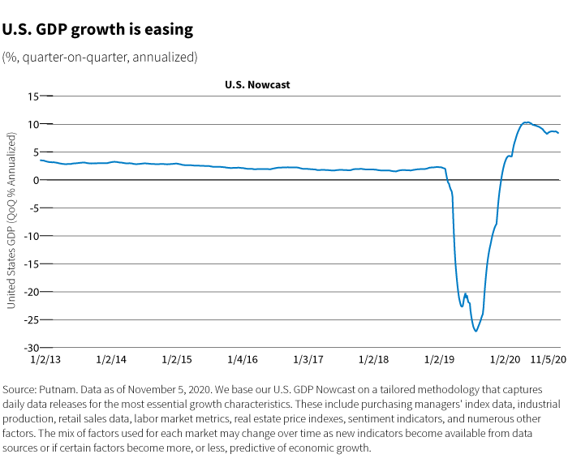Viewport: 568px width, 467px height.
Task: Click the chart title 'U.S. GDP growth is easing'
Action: (97, 30)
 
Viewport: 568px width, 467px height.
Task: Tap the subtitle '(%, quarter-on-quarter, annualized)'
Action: (99, 57)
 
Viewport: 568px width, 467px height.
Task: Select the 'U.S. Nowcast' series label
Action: (257, 84)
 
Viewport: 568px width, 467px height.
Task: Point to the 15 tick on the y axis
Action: (34, 96)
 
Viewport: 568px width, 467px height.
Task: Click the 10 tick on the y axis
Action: (34, 124)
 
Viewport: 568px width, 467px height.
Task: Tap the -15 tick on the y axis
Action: (32, 263)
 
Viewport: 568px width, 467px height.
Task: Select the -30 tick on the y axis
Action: (32, 347)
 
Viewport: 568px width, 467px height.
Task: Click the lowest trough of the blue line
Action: (475, 331)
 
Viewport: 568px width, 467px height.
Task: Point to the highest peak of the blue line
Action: (526, 122)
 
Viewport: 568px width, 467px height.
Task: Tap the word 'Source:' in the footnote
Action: (21, 389)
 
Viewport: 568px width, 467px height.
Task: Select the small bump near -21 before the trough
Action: (465, 294)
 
